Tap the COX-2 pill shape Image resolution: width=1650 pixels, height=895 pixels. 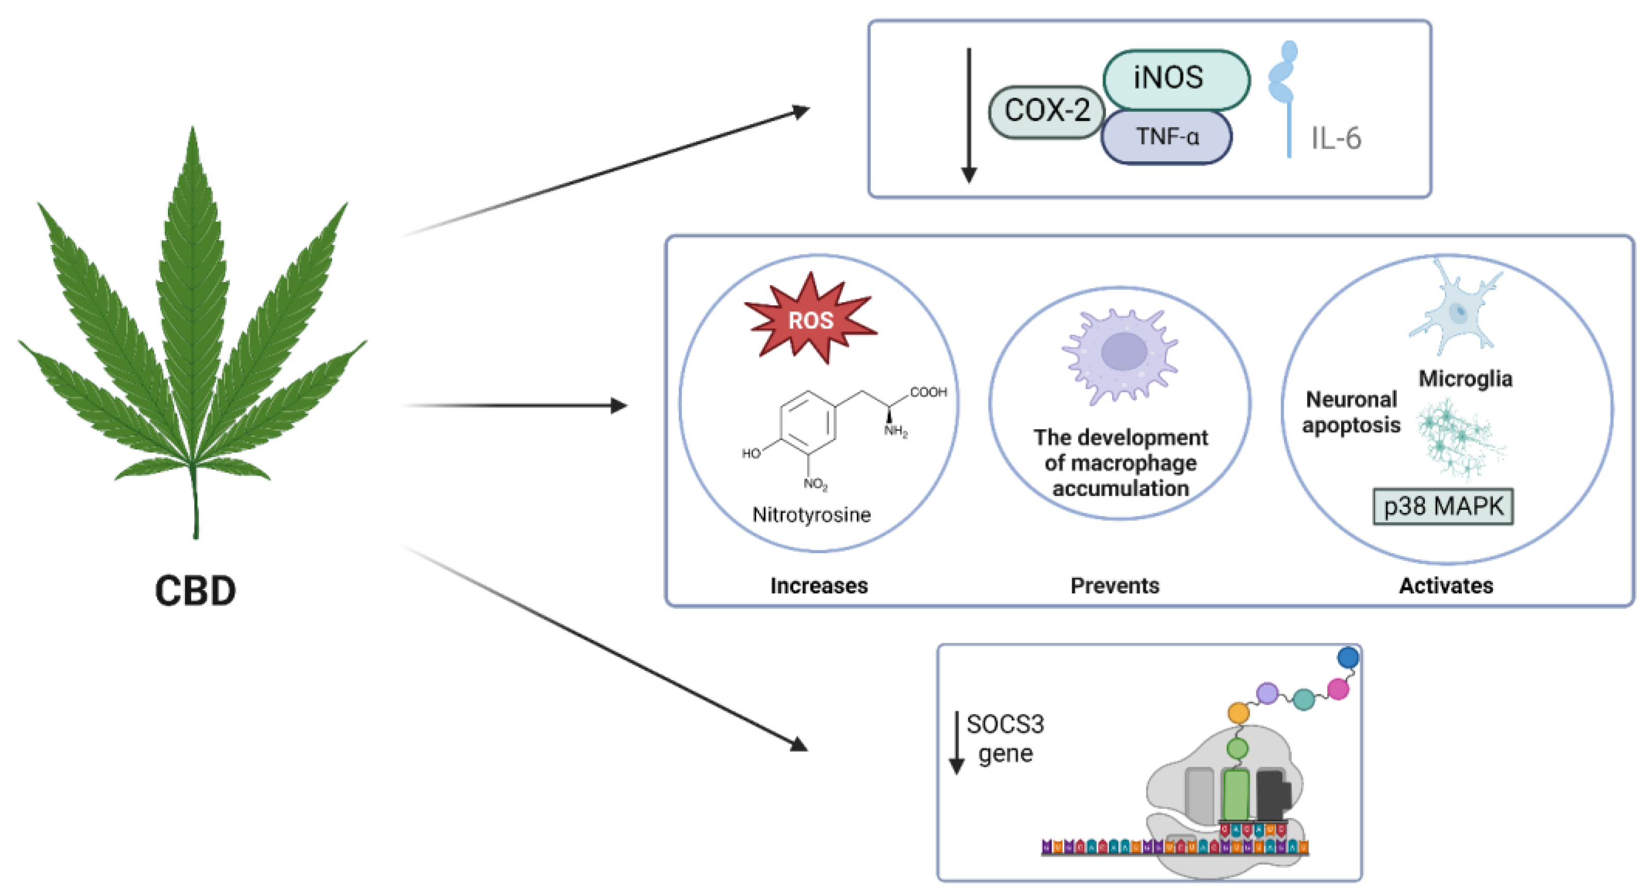point(1046,111)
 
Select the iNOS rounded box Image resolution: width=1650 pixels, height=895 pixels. point(1176,78)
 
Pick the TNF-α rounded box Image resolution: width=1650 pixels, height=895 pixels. point(1166,137)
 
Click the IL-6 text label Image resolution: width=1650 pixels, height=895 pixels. point(1336,138)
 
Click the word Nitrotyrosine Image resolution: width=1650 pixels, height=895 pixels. point(811,515)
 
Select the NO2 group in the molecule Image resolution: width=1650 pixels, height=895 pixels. point(815,484)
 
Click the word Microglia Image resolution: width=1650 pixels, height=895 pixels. point(1465,378)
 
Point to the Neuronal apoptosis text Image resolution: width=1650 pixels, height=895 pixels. point(1352,412)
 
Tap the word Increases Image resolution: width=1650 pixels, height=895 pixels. point(819,586)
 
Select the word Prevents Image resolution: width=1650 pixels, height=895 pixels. point(1114,586)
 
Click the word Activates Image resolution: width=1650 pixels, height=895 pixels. point(1446,586)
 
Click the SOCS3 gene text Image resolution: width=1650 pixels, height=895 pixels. point(1004,739)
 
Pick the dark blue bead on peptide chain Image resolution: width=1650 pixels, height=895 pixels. point(1348,657)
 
